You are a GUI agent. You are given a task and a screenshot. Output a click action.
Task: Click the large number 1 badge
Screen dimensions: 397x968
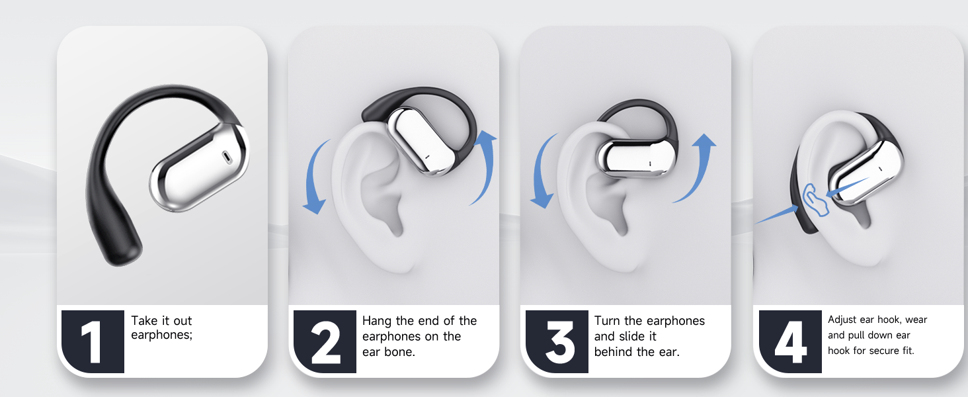92,341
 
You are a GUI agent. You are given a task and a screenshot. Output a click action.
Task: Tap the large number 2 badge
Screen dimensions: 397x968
325,341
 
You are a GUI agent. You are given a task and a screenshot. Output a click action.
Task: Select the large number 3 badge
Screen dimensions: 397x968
557,341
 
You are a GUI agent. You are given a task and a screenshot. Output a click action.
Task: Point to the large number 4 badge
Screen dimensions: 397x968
789,341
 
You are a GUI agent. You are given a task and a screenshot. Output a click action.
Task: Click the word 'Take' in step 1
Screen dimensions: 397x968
144,321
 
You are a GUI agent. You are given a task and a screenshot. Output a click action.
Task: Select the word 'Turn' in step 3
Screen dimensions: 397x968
607,321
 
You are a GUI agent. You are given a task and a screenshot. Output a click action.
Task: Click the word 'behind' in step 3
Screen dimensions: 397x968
614,352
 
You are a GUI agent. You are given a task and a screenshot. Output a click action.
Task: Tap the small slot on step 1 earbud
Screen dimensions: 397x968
227,157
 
